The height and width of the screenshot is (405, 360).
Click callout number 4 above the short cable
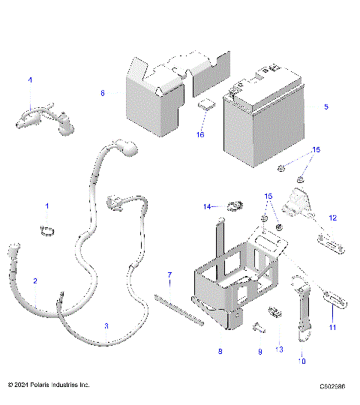point(30,79)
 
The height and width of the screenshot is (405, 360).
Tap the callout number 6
point(103,93)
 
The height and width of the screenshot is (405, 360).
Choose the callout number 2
point(34,280)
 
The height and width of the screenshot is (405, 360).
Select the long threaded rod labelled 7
point(178,308)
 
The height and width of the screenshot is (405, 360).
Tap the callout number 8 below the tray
point(220,351)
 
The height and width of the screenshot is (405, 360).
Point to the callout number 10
point(302,360)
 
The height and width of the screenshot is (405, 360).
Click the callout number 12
point(333,217)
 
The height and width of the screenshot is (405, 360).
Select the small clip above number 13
point(274,312)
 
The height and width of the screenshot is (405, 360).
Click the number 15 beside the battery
point(316,150)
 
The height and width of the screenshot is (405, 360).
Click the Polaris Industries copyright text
point(49,385)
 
